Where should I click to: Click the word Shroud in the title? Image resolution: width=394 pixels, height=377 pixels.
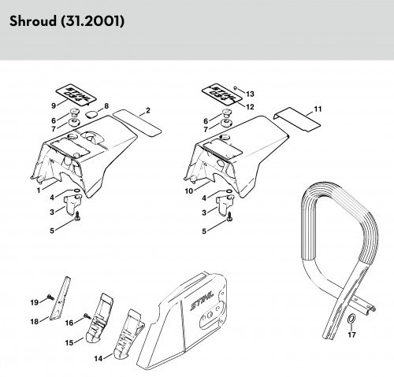click(32, 21)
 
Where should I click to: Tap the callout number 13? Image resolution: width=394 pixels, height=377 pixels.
click(250, 94)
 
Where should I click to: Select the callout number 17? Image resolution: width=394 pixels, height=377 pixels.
click(351, 334)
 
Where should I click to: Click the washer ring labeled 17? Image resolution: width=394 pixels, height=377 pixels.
click(351, 319)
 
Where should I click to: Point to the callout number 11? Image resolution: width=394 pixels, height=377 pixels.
click(318, 109)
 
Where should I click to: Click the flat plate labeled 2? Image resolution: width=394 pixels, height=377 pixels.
click(137, 123)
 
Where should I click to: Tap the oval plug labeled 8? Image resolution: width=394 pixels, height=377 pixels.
click(91, 114)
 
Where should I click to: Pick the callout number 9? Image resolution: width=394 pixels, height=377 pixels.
click(54, 105)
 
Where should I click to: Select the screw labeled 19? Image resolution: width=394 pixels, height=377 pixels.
click(50, 298)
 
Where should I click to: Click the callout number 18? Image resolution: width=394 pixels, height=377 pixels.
click(35, 321)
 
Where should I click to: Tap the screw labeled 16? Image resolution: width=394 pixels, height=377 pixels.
click(87, 316)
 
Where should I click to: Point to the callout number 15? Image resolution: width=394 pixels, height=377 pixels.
click(69, 343)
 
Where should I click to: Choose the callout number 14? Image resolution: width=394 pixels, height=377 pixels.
click(98, 358)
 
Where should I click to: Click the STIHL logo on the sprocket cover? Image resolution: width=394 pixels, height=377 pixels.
click(203, 301)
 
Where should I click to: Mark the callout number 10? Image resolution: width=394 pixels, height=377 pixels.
click(189, 191)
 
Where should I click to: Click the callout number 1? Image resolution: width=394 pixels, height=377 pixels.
click(39, 190)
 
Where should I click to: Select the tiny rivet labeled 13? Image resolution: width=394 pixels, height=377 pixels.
click(236, 89)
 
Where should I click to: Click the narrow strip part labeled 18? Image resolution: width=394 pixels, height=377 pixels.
click(60, 298)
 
